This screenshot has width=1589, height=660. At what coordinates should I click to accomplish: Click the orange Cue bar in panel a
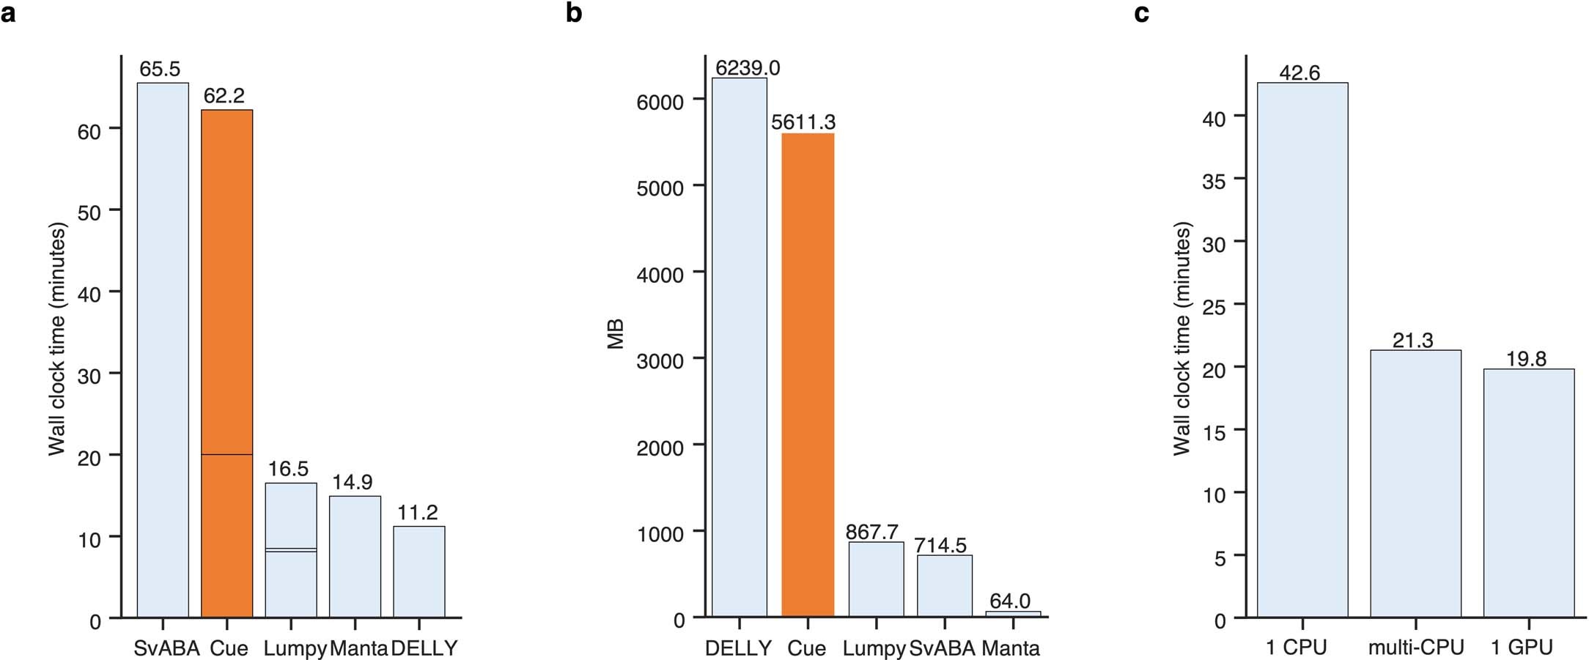[227, 363]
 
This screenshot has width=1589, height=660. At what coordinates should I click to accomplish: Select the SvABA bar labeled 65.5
[163, 350]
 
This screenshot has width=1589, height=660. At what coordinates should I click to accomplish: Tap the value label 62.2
[224, 96]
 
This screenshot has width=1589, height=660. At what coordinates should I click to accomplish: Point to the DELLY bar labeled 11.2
[419, 571]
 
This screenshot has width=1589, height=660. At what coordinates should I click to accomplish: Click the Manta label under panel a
[358, 648]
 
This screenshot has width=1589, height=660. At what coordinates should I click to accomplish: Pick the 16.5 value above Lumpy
[288, 469]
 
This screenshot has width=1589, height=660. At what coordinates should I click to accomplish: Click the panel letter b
[574, 13]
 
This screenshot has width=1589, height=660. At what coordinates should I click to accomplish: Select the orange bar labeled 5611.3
[808, 374]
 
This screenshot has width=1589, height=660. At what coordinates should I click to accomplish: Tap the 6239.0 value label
[748, 68]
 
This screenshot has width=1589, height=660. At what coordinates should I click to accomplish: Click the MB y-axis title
[616, 334]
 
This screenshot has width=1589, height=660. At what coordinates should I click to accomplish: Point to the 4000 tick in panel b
[660, 275]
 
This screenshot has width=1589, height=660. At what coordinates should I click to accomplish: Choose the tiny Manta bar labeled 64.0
[1013, 614]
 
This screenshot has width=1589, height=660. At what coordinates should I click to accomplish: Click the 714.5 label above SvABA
[940, 545]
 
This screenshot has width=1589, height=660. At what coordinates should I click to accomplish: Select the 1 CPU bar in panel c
[1302, 350]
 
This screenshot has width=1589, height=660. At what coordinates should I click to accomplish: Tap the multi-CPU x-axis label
[1416, 648]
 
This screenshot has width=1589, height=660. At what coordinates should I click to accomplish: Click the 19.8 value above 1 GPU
[1527, 359]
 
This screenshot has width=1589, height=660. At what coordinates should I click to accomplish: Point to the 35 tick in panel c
[1214, 181]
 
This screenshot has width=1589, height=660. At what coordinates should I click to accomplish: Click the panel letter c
[1141, 13]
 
